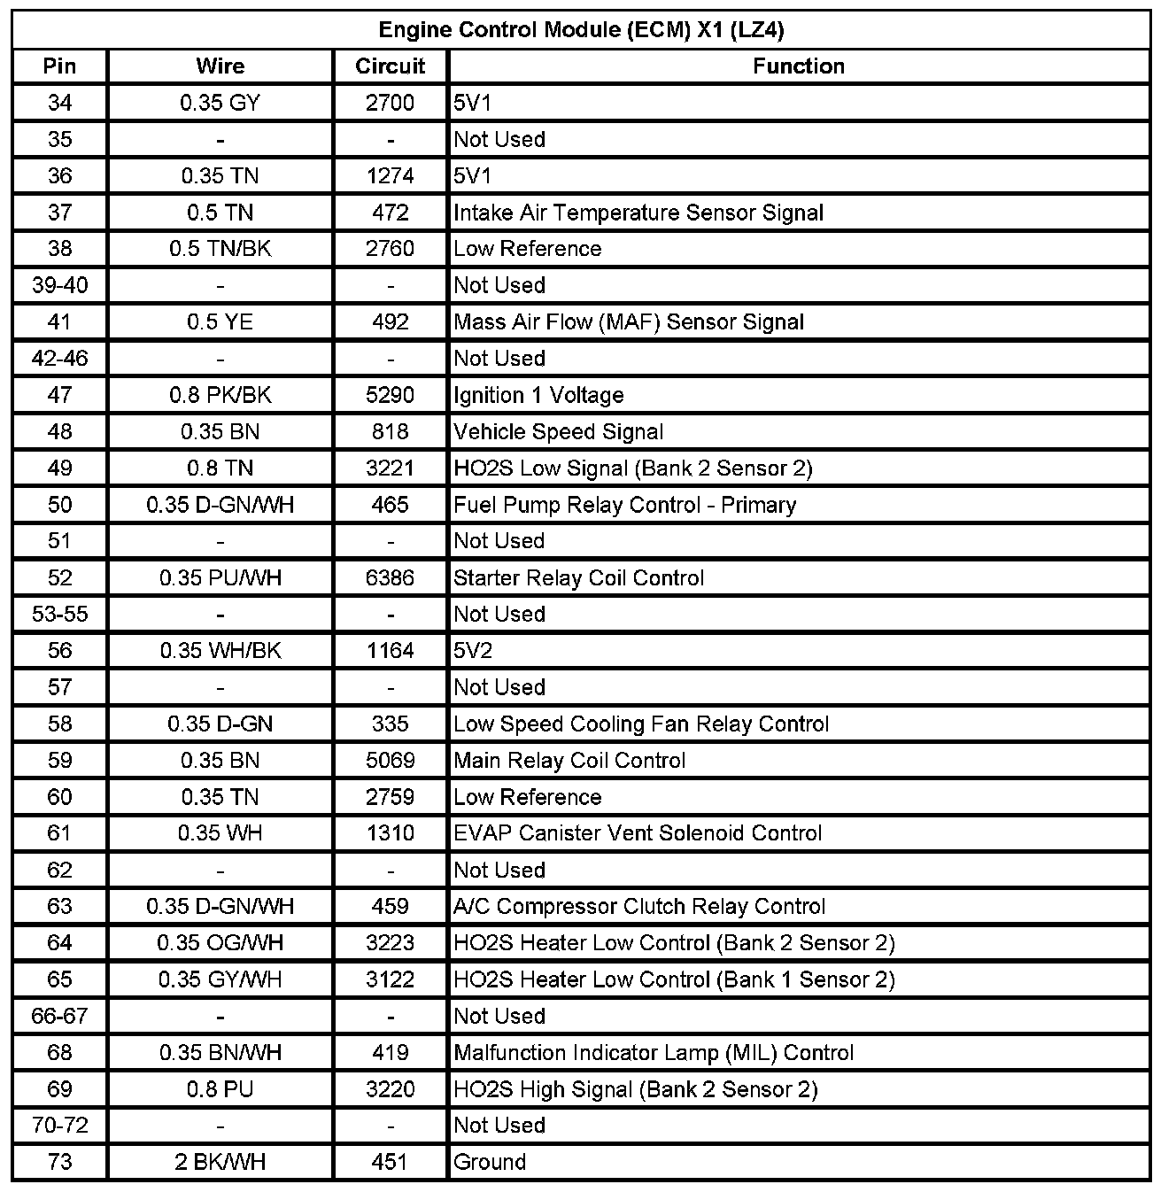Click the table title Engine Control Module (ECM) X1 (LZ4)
tap(581, 30)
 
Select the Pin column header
tap(59, 66)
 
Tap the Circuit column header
tap(390, 66)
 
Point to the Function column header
tap(798, 66)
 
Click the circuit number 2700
tap(390, 103)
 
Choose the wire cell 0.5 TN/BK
tap(220, 249)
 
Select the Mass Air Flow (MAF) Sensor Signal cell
tap(628, 321)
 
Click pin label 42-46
tap(59, 359)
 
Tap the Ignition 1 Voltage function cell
tap(538, 395)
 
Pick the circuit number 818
tap(390, 431)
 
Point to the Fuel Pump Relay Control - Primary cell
tap(624, 505)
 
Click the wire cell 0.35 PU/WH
tap(220, 578)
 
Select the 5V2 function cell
tap(473, 651)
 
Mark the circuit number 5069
tap(390, 761)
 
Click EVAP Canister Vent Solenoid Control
tap(638, 833)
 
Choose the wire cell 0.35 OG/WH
tap(220, 943)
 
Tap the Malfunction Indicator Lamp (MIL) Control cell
tap(654, 1053)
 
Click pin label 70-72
tap(59, 1126)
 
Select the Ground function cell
tap(490, 1162)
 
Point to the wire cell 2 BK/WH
tap(220, 1162)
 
